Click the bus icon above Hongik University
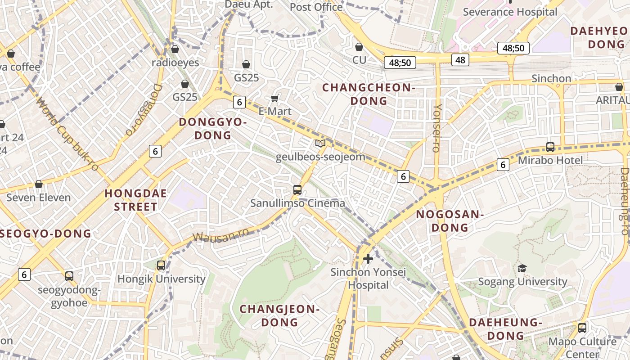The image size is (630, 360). [x=161, y=265]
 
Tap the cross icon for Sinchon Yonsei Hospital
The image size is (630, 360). [x=368, y=259]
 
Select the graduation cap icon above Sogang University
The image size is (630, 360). [x=522, y=268]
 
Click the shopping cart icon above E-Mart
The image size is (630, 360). [x=275, y=98]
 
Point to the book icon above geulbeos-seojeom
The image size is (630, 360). [x=320, y=144]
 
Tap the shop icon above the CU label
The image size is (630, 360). [x=359, y=47]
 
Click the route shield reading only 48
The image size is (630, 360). [x=460, y=59]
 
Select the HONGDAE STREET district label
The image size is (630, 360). [x=135, y=200]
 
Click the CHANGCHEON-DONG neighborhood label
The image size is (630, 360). [x=369, y=94]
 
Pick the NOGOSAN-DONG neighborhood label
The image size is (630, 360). [x=450, y=221]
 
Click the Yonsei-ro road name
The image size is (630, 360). [x=437, y=128]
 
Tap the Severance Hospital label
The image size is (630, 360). [x=510, y=12]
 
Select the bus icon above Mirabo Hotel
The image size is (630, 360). [x=550, y=147]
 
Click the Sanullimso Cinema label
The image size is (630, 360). [x=297, y=203]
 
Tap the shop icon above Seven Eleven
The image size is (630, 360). [x=39, y=184]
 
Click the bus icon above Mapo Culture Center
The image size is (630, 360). [x=582, y=328]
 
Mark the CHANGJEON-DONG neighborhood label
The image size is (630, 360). [x=279, y=315]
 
